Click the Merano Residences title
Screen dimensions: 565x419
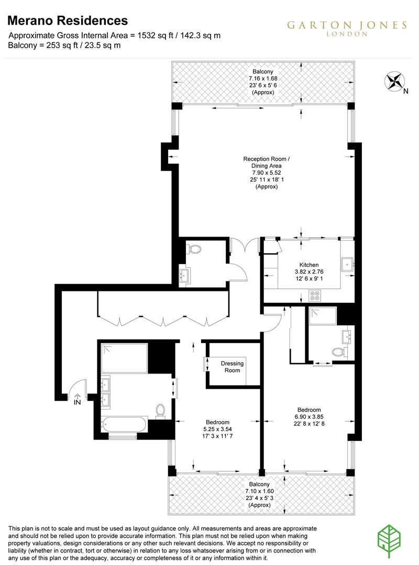coord(68,21)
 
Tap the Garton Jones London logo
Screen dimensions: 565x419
coord(346,28)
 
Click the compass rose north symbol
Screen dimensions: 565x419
coord(395,82)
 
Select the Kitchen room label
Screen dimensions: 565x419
coord(308,265)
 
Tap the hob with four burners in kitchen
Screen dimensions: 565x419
coord(315,296)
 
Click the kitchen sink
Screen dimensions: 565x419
coord(347,265)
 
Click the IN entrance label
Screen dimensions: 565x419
coord(78,402)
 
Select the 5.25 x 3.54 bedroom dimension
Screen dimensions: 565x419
coord(217,430)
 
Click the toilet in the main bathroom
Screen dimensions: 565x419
coord(161,411)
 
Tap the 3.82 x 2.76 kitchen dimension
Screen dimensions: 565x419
coord(308,272)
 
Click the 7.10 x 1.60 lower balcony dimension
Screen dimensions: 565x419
coord(259,491)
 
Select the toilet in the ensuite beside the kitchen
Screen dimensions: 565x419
coord(343,352)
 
